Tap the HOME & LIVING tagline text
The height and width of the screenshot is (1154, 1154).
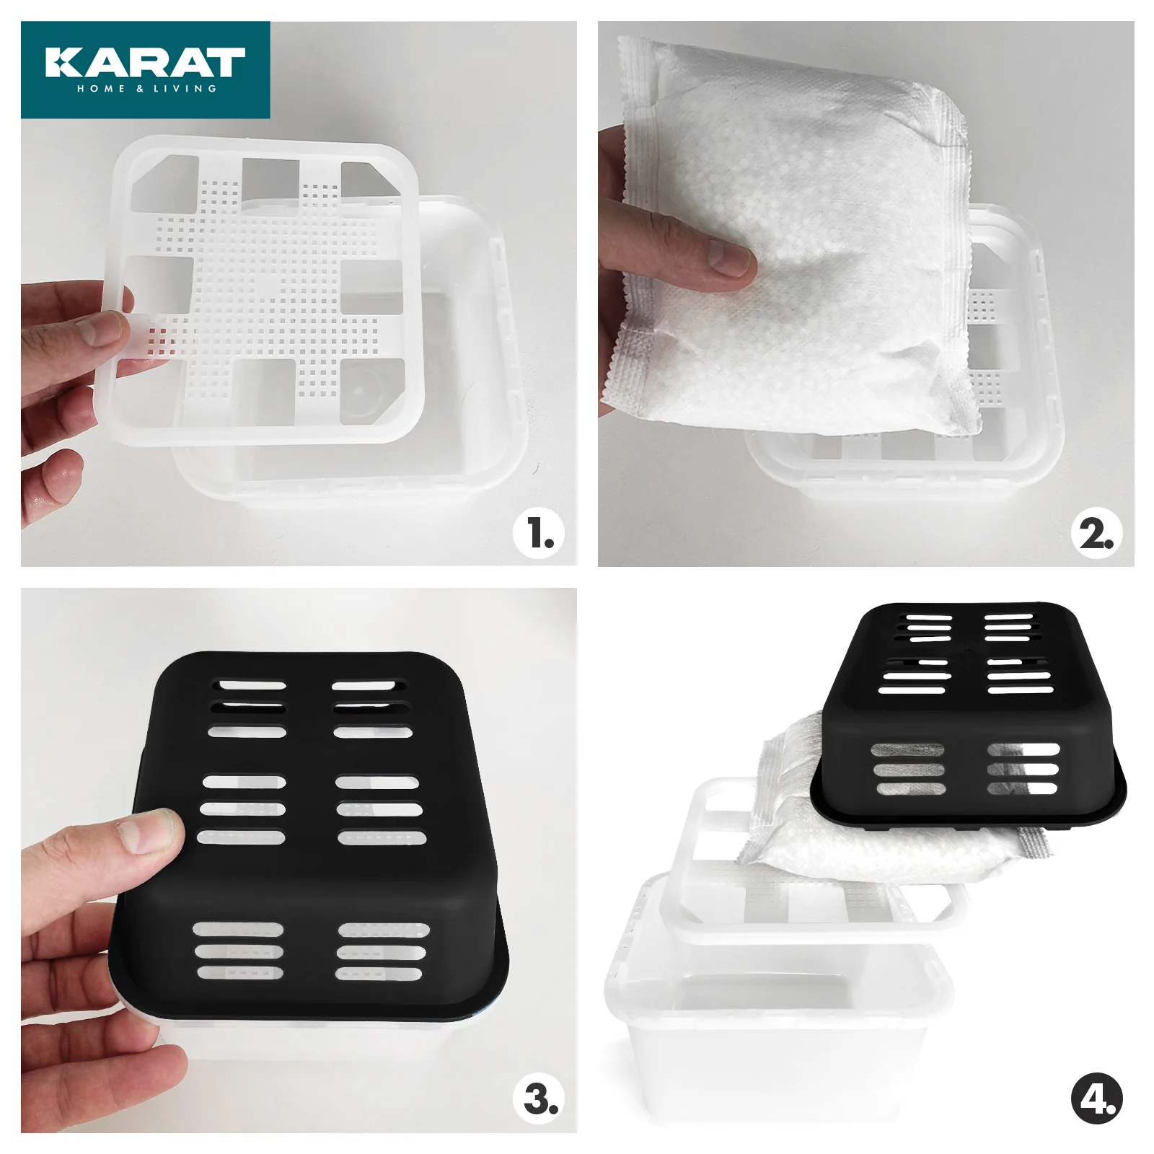pos(146,89)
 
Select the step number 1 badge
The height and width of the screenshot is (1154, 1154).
pos(537,534)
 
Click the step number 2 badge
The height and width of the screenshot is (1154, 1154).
pos(1097,534)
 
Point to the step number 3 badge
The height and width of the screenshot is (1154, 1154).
pos(537,1099)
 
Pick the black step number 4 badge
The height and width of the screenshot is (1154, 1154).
pos(1097,1099)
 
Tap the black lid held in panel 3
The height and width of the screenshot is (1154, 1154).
pos(310,837)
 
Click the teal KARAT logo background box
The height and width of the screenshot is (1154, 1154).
pos(146,70)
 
